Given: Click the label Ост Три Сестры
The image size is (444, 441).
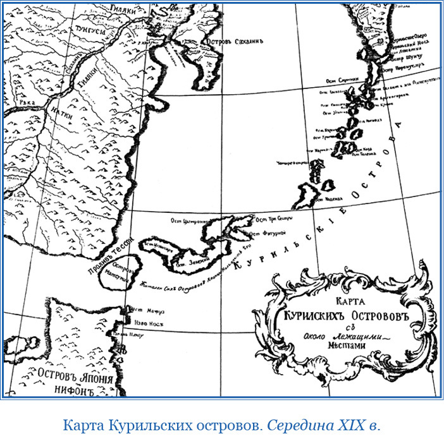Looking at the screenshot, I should [x=273, y=220].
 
